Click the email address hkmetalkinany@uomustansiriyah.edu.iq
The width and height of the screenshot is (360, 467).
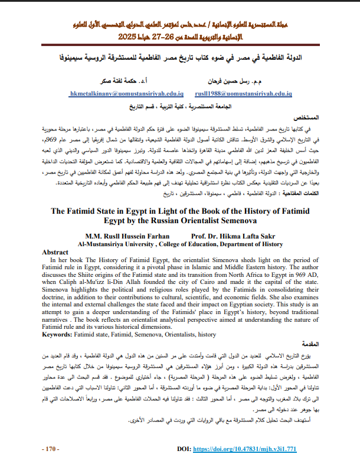coord(126,94)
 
